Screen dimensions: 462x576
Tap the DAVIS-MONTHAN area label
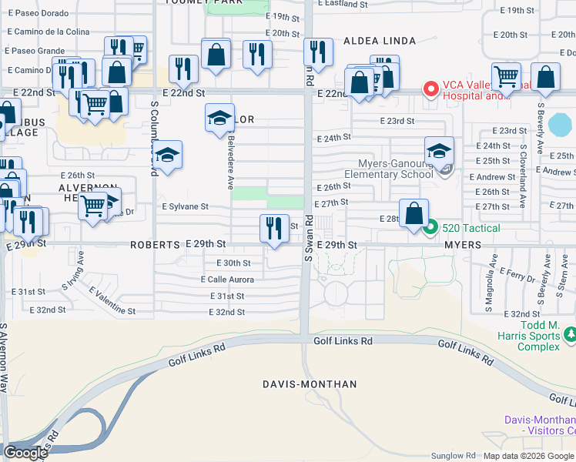(x=310, y=383)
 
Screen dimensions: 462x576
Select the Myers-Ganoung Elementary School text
(x=396, y=169)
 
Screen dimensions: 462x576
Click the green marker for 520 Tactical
(x=432, y=227)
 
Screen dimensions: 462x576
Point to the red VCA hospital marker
(x=430, y=89)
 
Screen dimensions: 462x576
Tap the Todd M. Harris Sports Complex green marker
(x=570, y=334)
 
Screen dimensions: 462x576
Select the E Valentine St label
(x=112, y=302)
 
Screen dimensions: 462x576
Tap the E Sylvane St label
(x=185, y=206)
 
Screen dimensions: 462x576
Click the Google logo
(x=25, y=453)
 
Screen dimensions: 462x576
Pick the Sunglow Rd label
(x=454, y=456)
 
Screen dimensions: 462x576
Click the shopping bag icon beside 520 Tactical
(x=414, y=213)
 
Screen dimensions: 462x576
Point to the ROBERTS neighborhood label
(x=155, y=244)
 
